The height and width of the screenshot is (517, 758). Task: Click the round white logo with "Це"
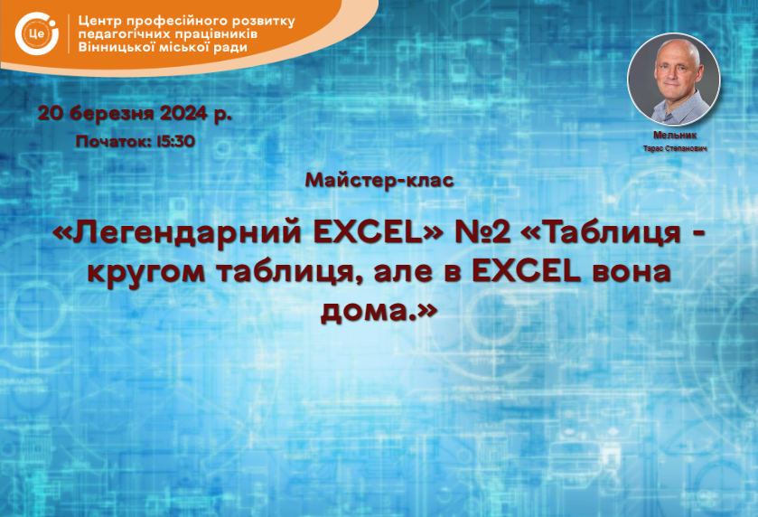click(x=37, y=33)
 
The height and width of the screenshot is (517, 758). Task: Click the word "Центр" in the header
click(x=98, y=22)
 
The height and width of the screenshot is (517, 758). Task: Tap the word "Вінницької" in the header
click(x=116, y=47)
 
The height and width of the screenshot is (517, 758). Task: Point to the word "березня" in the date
click(x=112, y=114)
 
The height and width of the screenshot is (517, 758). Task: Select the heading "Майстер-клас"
click(x=379, y=180)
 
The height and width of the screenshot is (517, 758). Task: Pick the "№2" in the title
click(x=482, y=233)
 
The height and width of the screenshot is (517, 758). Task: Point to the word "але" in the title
click(x=403, y=272)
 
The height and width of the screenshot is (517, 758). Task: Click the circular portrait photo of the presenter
click(x=673, y=80)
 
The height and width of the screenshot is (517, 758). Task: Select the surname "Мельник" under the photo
click(x=675, y=136)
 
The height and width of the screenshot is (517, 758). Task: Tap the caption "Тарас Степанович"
click(x=675, y=148)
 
